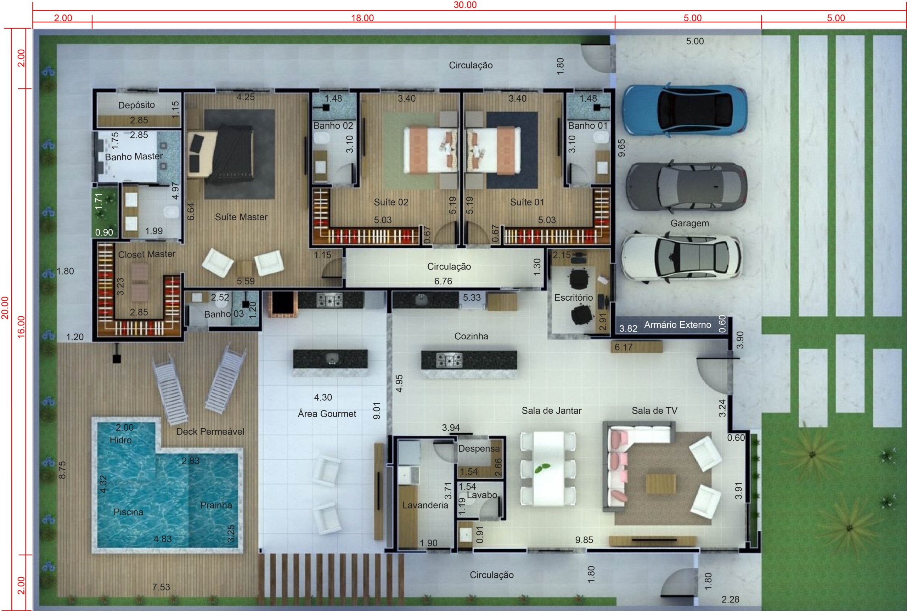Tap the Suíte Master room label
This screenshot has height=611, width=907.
pyautogui.click(x=241, y=217)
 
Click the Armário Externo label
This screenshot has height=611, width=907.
pyautogui.click(x=677, y=324)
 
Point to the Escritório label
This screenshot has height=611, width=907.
pyautogui.click(x=573, y=297)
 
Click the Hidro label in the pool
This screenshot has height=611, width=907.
pyautogui.click(x=120, y=440)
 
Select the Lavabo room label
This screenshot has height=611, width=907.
pyautogui.click(x=482, y=495)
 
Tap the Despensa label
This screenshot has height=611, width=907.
pyautogui.click(x=479, y=448)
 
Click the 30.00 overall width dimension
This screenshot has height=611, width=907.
pyautogui.click(x=465, y=5)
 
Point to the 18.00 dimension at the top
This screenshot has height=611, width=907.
pyautogui.click(x=362, y=18)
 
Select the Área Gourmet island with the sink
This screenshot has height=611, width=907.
pyautogui.click(x=330, y=362)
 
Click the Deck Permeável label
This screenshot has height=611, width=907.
pyautogui.click(x=210, y=431)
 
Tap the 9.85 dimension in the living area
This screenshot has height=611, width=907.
pyautogui.click(x=584, y=540)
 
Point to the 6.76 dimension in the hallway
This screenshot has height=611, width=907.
pyautogui.click(x=443, y=281)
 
